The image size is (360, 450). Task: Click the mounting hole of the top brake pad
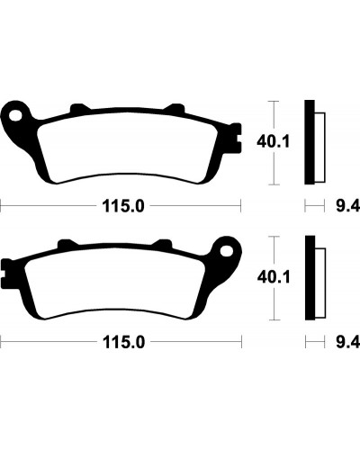tap(15, 116)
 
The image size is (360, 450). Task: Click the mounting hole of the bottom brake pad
tap(227, 251)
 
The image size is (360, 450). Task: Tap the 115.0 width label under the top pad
tap(123, 206)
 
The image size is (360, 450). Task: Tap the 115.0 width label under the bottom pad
tap(123, 342)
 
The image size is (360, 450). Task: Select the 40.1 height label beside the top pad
tap(274, 141)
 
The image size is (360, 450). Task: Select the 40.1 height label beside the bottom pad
tap(274, 277)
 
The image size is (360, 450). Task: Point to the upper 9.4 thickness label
tap(347, 206)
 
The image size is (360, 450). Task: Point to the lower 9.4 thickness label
tap(347, 342)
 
